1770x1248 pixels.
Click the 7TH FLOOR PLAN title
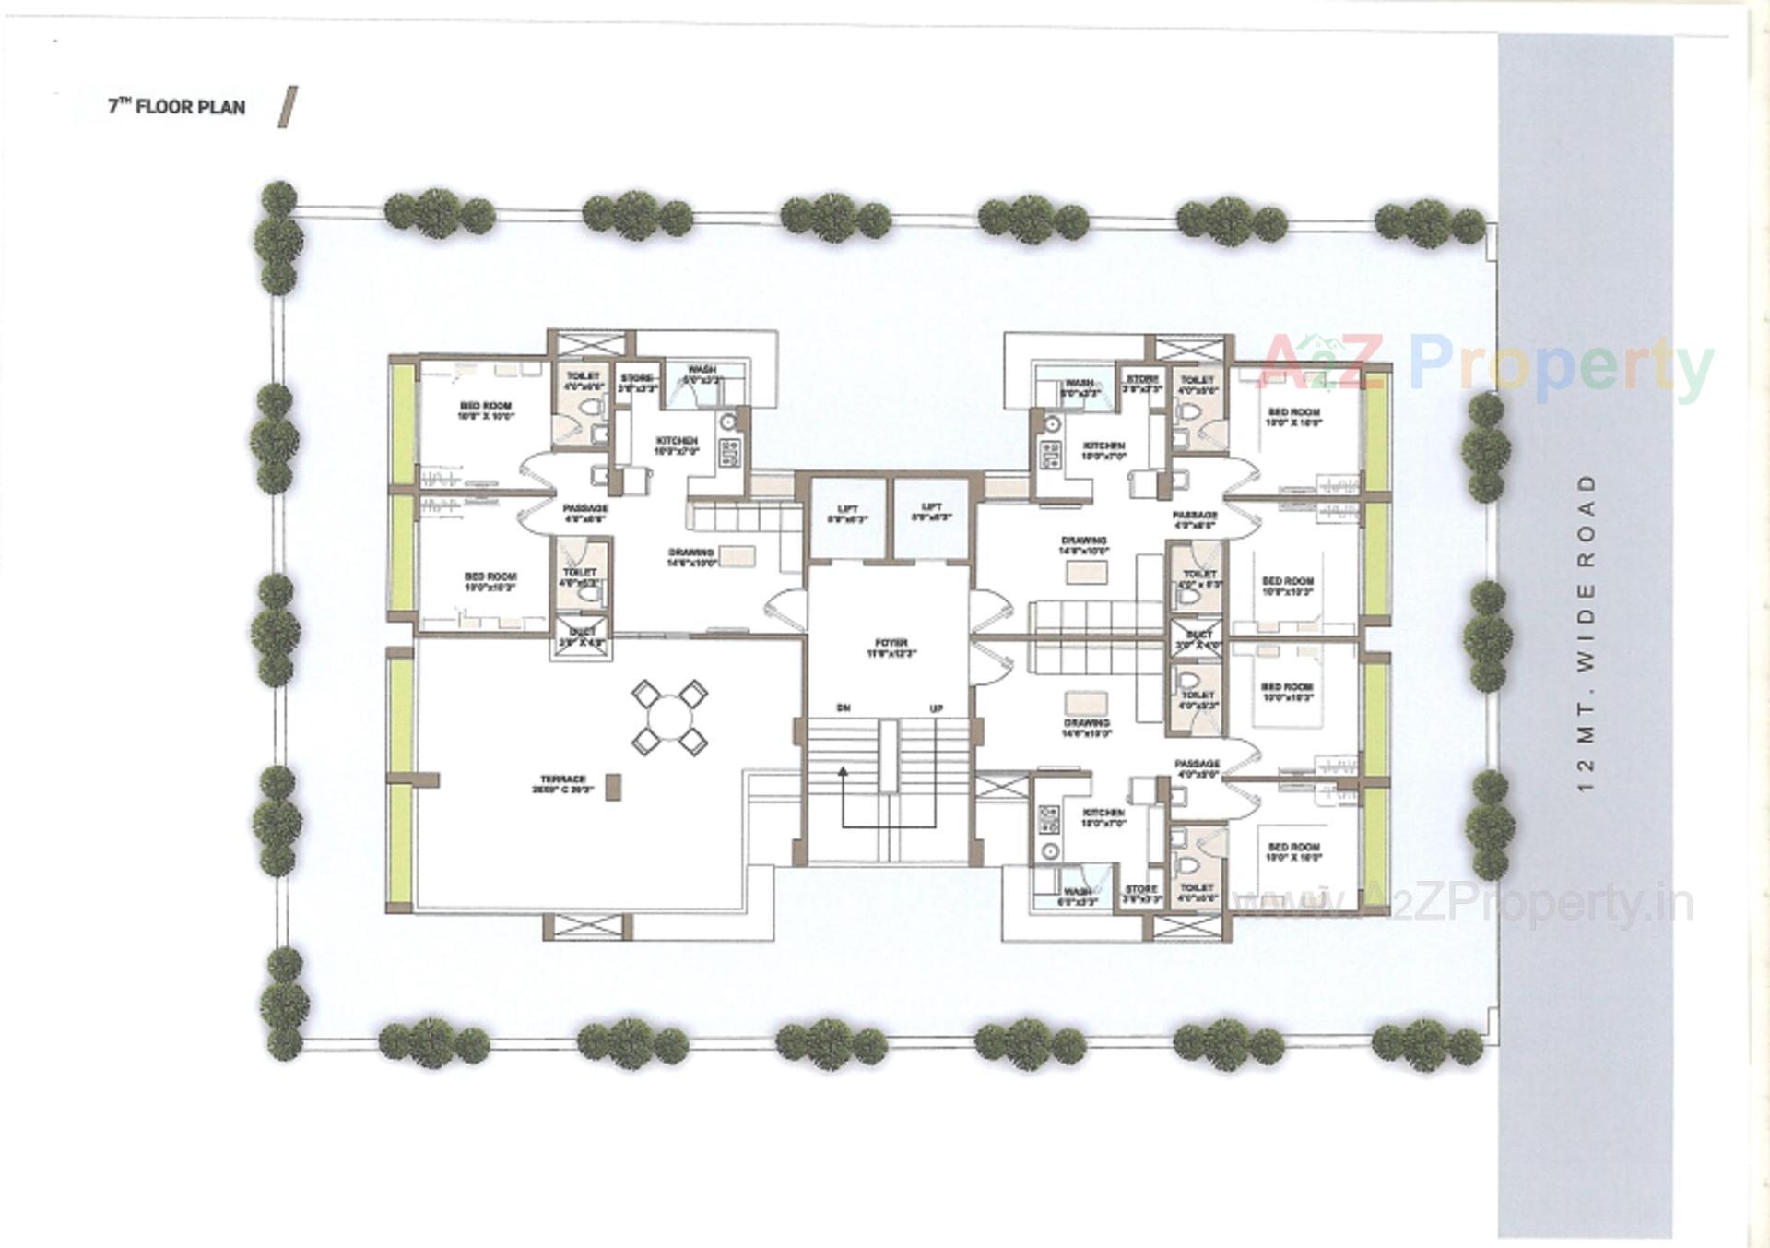click(177, 107)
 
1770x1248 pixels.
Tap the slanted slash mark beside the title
click(289, 107)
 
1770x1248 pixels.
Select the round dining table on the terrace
click(670, 717)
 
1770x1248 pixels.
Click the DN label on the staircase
click(843, 707)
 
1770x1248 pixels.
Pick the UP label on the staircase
click(936, 707)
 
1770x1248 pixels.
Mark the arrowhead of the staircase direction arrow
click(842, 771)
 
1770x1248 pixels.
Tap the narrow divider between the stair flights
click(888, 756)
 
